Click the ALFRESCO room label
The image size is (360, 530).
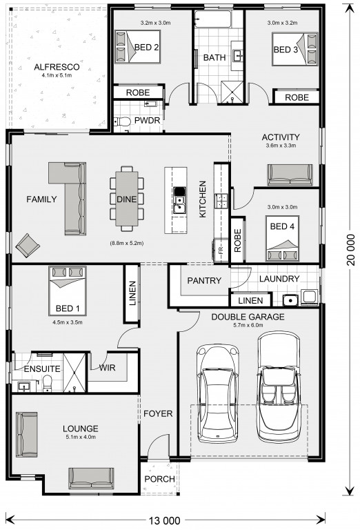[57, 67]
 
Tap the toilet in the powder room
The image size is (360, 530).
[122, 121]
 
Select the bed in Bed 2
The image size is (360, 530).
[137, 46]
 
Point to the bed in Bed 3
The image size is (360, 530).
[294, 49]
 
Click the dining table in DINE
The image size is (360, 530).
[127, 199]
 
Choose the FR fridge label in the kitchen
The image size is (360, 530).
[221, 251]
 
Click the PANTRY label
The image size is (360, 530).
[204, 281]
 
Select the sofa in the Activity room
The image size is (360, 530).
[290, 175]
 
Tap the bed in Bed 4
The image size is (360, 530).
[282, 238]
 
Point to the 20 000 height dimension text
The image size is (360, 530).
[351, 249]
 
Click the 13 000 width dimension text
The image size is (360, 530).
[165, 520]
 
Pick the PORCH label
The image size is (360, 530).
[160, 479]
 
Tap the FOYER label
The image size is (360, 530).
[158, 413]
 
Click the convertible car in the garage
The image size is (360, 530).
[279, 386]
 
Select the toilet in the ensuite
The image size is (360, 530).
[48, 383]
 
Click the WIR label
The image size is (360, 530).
[107, 367]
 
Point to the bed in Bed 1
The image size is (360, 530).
[68, 291]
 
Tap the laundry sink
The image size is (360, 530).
[290, 300]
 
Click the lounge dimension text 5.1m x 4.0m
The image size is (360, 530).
[81, 437]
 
